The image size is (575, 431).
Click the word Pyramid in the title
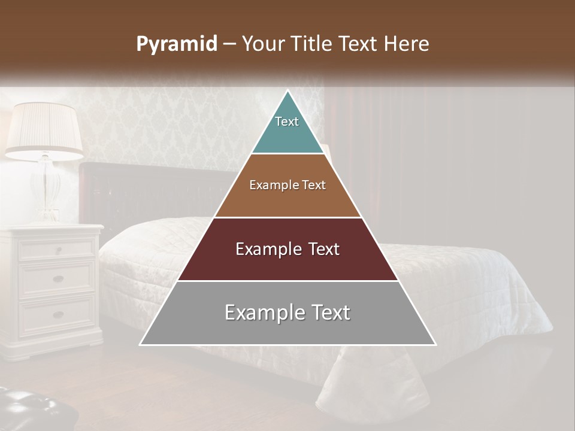[177, 44]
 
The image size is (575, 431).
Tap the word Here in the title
[407, 44]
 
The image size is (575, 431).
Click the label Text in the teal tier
[287, 122]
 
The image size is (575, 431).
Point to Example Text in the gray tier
[287, 312]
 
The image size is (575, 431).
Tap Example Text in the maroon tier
[287, 249]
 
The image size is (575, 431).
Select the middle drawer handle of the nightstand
[58, 278]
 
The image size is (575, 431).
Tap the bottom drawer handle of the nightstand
[58, 314]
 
